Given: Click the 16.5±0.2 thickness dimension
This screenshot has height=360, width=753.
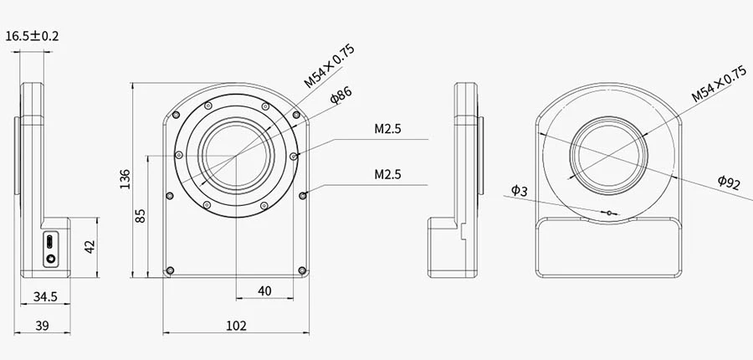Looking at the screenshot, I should pos(38,36).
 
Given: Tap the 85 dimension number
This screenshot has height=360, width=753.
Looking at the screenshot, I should pos(141,215).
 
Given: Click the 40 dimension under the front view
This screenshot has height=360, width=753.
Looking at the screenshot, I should pos(264,291).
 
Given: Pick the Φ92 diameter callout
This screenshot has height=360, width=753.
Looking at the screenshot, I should pos(729,183).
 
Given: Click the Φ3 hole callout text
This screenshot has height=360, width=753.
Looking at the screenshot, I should pos(519,191).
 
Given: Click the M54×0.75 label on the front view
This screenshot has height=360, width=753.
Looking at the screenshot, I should pos(329,67).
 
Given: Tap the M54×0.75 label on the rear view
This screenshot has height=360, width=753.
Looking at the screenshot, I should pos(718,86).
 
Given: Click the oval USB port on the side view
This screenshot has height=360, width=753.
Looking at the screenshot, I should pos(52,241).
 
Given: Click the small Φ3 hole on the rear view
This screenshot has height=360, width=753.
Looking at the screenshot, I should pos(610,213).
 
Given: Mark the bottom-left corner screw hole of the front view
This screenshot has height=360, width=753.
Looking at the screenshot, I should pos(171,270).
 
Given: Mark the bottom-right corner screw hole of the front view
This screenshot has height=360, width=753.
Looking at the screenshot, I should pos(301,270).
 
